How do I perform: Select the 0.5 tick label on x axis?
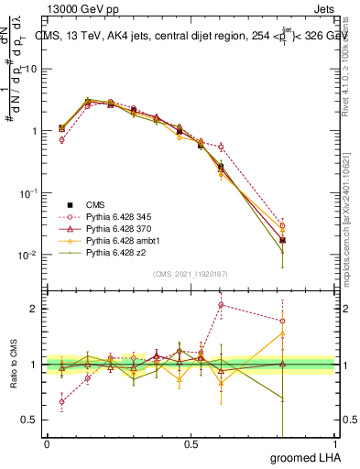(x=191, y=444)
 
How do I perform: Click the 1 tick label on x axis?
(x=336, y=444)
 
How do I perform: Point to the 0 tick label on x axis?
(x=47, y=444)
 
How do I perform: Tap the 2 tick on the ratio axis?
(x=35, y=308)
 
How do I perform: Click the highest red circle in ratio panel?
(x=221, y=305)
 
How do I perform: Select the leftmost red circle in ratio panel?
(x=62, y=401)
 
